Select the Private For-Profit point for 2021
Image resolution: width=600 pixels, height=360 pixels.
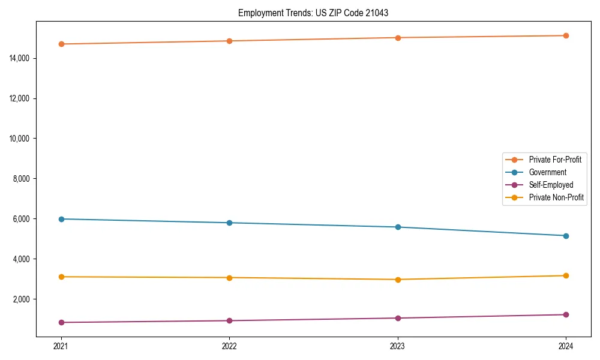[61, 44]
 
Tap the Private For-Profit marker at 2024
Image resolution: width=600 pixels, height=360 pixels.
[566, 35]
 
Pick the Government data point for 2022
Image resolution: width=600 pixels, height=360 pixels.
[229, 223]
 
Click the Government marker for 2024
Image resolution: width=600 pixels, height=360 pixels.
[566, 236]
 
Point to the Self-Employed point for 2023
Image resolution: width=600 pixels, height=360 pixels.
[398, 318]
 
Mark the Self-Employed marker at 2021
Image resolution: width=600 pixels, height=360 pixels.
[61, 322]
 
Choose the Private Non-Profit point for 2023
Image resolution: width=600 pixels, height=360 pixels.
[398, 280]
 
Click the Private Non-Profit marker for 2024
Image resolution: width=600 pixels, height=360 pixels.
[566, 275]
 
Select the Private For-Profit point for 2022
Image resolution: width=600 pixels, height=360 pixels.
[229, 41]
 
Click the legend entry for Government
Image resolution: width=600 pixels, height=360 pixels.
[547, 172]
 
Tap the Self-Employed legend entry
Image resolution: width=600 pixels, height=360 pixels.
[551, 185]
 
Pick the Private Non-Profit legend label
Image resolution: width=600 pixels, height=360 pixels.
[556, 197]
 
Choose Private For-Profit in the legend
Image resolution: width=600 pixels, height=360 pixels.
[555, 160]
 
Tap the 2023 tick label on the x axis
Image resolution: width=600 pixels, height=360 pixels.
[398, 346]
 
